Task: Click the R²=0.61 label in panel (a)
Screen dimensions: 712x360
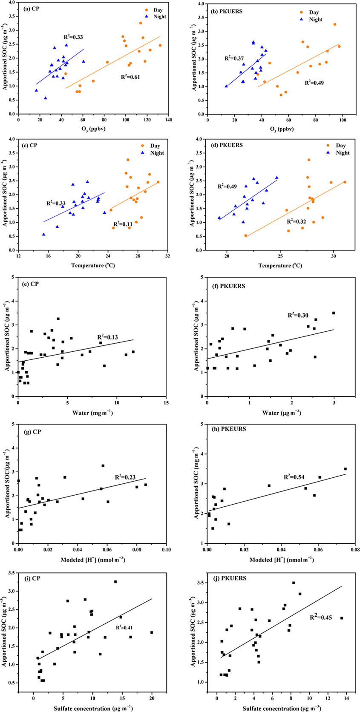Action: (x=130, y=77)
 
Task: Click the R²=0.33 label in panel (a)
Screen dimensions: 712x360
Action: (x=73, y=37)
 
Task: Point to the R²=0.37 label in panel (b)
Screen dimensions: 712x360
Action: (x=234, y=58)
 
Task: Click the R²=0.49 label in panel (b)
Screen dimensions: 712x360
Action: (x=314, y=83)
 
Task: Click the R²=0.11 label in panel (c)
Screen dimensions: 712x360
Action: (x=123, y=224)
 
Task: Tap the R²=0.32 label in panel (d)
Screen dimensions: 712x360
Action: (x=296, y=221)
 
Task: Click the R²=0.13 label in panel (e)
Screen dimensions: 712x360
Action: (x=108, y=337)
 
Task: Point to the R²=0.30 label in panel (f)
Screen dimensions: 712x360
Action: (x=297, y=315)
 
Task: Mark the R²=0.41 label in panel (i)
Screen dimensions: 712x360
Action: (x=124, y=628)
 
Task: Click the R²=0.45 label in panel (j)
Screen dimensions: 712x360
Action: (x=320, y=616)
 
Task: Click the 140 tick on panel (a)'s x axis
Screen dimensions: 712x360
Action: (x=169, y=121)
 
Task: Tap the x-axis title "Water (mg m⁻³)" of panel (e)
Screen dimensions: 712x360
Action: (x=92, y=413)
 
